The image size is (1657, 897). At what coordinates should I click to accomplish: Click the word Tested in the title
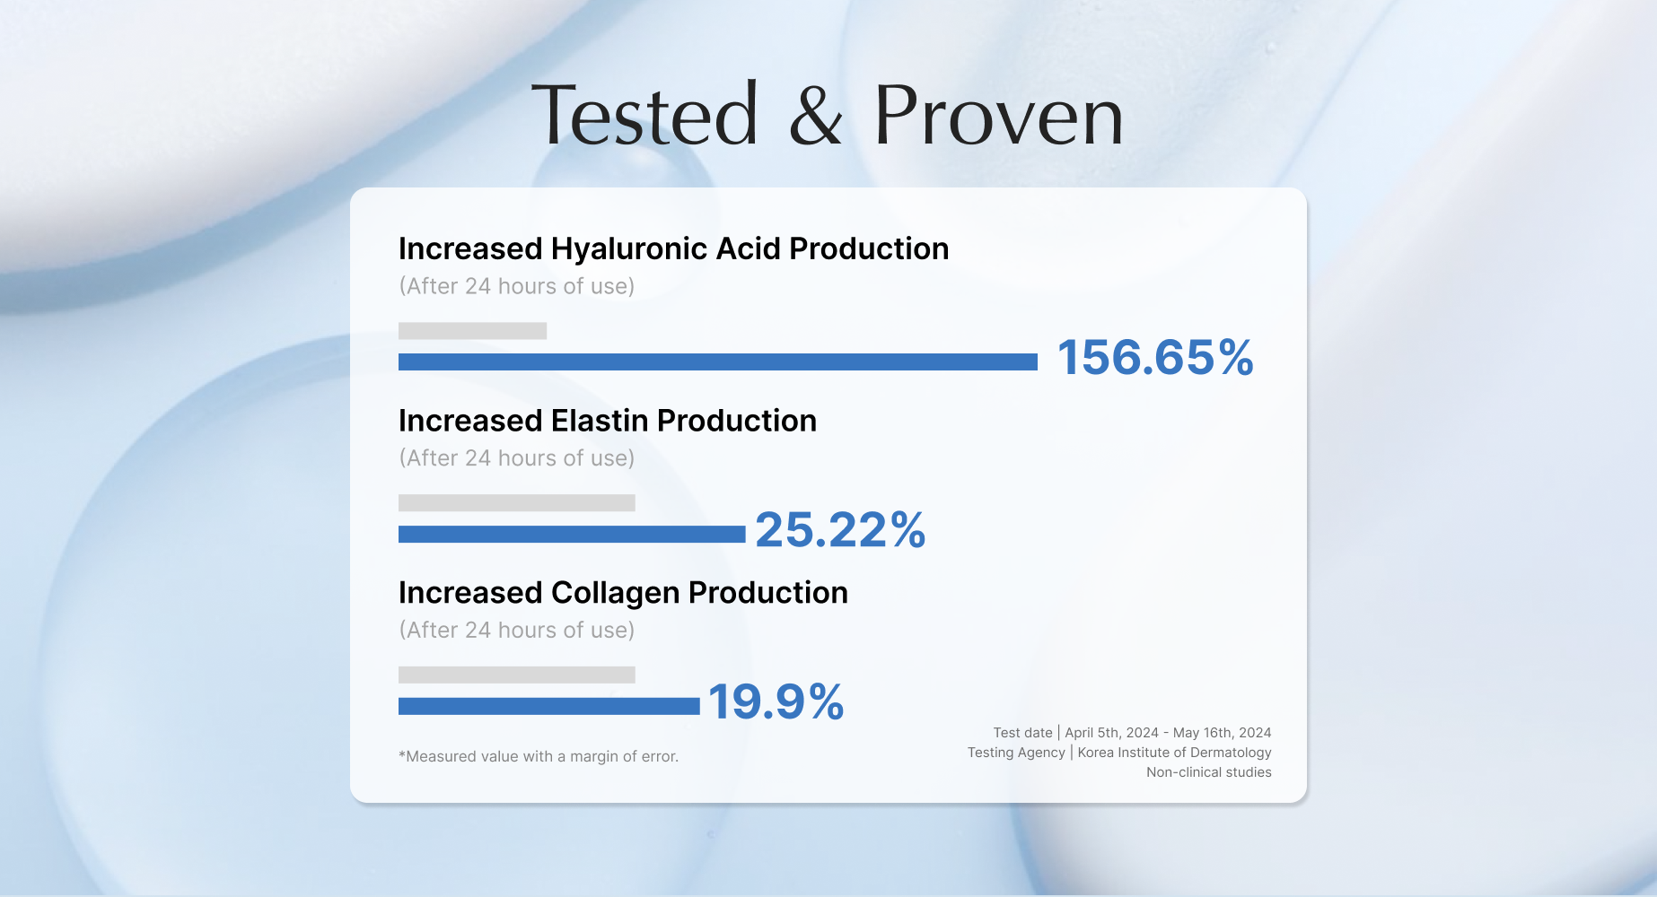(645, 114)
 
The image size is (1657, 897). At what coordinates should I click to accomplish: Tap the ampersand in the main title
(816, 114)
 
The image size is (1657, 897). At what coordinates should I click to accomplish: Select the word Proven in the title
(999, 114)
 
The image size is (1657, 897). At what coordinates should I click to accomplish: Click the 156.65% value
(1155, 357)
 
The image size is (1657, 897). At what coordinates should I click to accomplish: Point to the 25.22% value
(840, 529)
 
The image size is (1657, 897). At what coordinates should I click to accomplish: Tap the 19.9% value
(776, 701)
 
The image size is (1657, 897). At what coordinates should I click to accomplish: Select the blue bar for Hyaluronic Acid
(718, 361)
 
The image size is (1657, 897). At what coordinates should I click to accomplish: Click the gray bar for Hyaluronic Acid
(472, 330)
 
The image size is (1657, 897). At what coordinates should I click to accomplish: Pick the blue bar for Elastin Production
(572, 534)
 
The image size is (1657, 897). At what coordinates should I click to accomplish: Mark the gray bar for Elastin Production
(517, 502)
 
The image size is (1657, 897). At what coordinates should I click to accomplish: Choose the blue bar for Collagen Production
(549, 706)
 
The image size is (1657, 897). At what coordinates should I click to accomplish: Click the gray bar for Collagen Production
(517, 675)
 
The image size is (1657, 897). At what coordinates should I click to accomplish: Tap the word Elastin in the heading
(600, 421)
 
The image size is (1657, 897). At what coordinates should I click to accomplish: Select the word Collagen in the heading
(616, 594)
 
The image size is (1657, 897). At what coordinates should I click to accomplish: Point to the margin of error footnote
(539, 756)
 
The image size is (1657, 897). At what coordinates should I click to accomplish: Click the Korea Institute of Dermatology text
(1174, 753)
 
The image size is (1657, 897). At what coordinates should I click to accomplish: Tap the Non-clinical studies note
(1209, 772)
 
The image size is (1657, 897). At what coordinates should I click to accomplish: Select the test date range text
(1168, 733)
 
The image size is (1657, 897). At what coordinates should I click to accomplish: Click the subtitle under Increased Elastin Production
(517, 458)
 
